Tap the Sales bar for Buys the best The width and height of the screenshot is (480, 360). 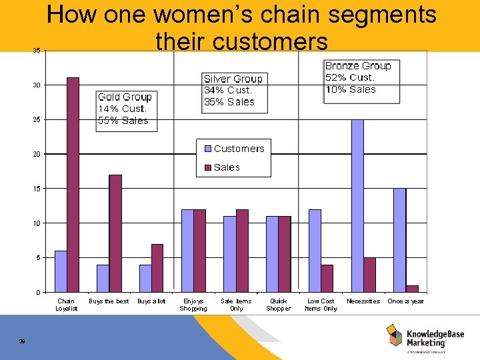click(x=115, y=233)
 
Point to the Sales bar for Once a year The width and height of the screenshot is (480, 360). click(x=412, y=289)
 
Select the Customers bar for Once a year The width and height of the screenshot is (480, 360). click(x=399, y=240)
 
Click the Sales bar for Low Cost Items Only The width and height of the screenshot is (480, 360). click(x=327, y=278)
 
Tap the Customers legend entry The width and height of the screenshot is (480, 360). click(x=233, y=149)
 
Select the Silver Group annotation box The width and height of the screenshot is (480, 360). click(x=233, y=91)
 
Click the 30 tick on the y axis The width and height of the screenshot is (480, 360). click(x=36, y=85)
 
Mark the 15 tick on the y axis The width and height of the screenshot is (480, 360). click(x=36, y=189)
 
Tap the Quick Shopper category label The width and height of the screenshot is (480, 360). click(x=278, y=305)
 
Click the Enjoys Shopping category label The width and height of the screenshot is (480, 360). click(x=193, y=305)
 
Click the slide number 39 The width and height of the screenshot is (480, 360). click(x=22, y=342)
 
